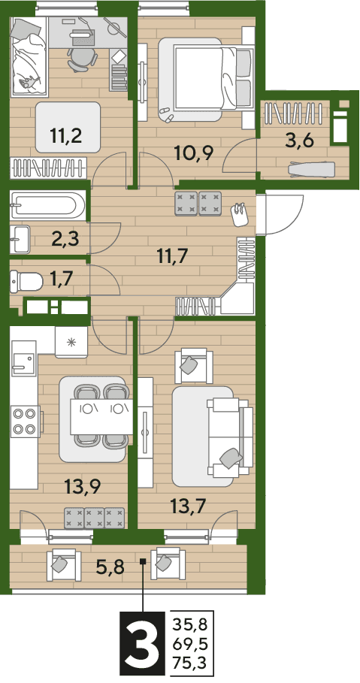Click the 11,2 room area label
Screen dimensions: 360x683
click(67, 136)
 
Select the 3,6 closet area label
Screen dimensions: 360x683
click(298, 141)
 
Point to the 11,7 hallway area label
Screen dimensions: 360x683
click(172, 255)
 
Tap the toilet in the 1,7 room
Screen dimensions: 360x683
click(26, 280)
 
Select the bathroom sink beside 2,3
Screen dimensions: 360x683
click(20, 239)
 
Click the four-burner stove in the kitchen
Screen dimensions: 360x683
click(24, 422)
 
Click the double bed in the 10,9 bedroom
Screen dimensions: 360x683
click(206, 78)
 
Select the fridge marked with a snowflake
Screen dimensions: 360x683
click(71, 342)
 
